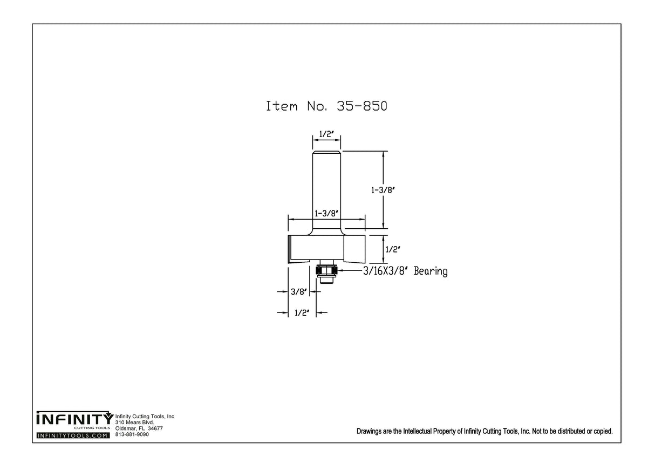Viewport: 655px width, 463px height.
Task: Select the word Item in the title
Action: pyautogui.click(x=281, y=106)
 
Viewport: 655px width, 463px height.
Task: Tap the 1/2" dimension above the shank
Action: pyautogui.click(x=326, y=134)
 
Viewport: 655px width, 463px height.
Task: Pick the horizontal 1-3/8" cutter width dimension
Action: pyautogui.click(x=326, y=213)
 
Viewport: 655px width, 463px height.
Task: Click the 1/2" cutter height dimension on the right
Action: pyautogui.click(x=392, y=249)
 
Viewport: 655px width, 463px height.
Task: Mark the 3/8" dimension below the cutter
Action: pyautogui.click(x=298, y=292)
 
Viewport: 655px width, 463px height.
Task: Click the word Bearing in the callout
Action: pyautogui.click(x=431, y=271)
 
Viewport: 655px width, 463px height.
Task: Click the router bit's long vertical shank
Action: pyautogui.click(x=326, y=189)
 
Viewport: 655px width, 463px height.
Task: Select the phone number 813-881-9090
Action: pyautogui.click(x=132, y=434)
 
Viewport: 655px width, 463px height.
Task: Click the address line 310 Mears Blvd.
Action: pyautogui.click(x=135, y=423)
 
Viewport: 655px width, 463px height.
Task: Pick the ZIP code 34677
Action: pyautogui.click(x=155, y=428)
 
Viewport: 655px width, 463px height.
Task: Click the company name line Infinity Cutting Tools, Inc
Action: pyautogui.click(x=145, y=417)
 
